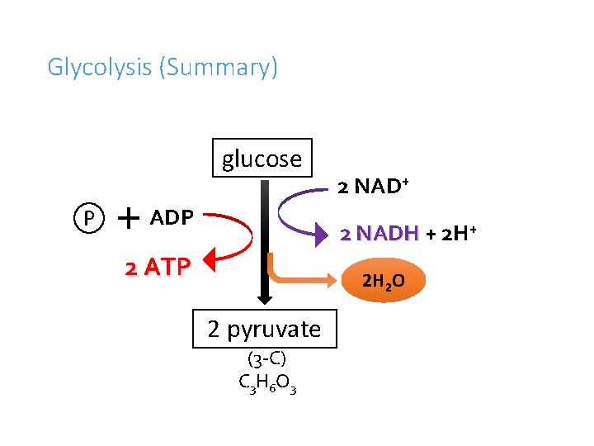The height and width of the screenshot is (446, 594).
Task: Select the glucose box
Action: [262, 158]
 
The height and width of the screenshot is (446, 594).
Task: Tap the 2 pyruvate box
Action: [264, 329]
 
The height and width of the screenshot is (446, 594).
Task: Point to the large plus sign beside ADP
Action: [128, 217]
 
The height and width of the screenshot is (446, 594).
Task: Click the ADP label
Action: [172, 218]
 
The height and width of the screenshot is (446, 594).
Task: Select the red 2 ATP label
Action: [158, 267]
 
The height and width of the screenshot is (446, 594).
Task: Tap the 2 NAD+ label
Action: [374, 186]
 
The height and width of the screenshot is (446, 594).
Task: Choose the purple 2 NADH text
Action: [380, 234]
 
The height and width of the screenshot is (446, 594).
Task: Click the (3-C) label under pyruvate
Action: [266, 359]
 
